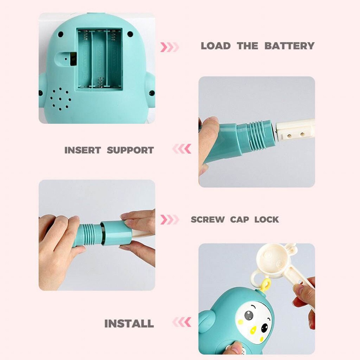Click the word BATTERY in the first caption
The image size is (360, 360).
coord(289,46)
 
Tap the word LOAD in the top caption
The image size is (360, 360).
coord(216,46)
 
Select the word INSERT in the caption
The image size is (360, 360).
coord(83,150)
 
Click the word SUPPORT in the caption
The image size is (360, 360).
coord(130,150)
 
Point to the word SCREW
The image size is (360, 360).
coord(208,220)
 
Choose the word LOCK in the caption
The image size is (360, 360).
coord(267,220)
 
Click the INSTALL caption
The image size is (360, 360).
coord(129,324)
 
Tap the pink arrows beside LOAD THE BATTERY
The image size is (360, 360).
coord(170,47)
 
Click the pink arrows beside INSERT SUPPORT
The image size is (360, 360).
coord(181,149)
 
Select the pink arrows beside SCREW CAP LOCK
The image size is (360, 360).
coord(170,220)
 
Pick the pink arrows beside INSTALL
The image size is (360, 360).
coord(181,322)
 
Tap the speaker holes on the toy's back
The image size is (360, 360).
coord(60,99)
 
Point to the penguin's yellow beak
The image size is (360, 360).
coord(253,330)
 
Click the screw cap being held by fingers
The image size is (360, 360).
coord(116,233)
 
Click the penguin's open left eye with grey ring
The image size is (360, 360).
coord(249,316)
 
